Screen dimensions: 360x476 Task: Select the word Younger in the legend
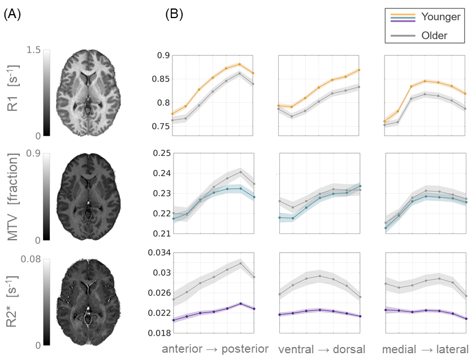click(x=441, y=16)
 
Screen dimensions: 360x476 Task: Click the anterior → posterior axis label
click(x=215, y=349)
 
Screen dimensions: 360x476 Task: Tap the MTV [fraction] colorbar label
click(x=13, y=196)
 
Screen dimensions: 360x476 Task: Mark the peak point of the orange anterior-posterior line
click(x=239, y=64)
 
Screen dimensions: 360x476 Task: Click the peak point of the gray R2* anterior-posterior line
click(x=240, y=263)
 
